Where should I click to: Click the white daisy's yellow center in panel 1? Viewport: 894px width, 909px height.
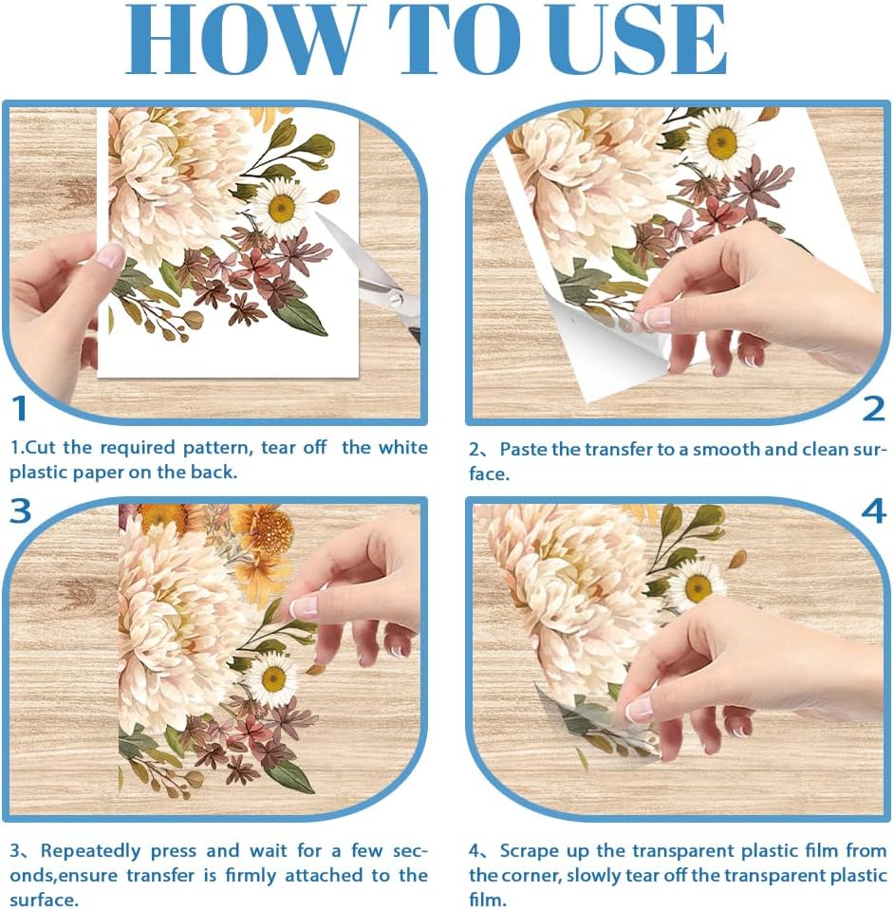[x=282, y=208]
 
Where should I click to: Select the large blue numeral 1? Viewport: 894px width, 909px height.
[x=20, y=408]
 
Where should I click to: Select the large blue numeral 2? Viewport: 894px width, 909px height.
[x=874, y=409]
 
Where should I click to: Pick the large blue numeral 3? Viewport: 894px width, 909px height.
[x=20, y=510]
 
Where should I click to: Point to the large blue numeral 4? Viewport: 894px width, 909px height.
[x=874, y=510]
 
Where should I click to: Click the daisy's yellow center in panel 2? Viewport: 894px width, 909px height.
[x=722, y=142]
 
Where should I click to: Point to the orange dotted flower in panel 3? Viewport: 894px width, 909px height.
[x=273, y=531]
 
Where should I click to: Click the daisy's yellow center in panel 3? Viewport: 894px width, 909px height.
[x=273, y=679]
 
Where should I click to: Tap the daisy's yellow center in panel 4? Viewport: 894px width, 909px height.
[x=698, y=588]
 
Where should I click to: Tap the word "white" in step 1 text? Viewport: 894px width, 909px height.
[x=403, y=448]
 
